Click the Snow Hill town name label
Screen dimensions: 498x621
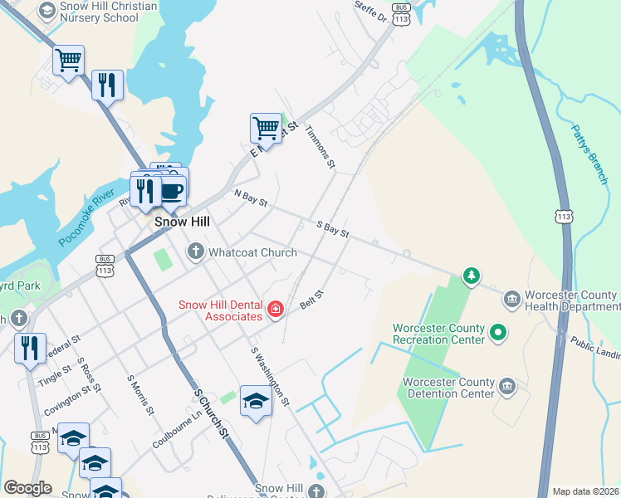(x=182, y=222)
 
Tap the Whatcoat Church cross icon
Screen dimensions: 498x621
(x=195, y=251)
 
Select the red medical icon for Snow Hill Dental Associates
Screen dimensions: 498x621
(x=276, y=310)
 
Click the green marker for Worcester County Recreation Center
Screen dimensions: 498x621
(x=498, y=334)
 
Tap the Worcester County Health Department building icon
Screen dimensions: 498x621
(x=511, y=297)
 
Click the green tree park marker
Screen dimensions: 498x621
(x=471, y=276)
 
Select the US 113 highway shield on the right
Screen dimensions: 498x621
(x=565, y=216)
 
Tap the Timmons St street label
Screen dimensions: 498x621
(x=320, y=148)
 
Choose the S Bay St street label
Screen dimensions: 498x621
(x=332, y=228)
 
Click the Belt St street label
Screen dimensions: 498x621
(x=311, y=300)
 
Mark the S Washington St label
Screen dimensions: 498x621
(x=270, y=376)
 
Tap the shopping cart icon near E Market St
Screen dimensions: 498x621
(x=265, y=128)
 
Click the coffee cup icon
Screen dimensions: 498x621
(x=172, y=190)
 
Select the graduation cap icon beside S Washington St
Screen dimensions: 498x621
(x=256, y=401)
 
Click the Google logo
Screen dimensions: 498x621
(x=27, y=488)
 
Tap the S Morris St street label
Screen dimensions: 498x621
(x=140, y=394)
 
